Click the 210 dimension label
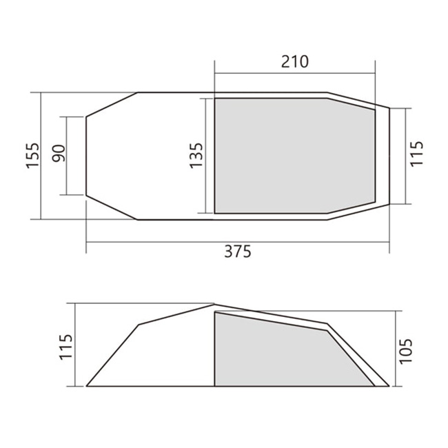coord(295,62)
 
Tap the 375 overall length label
coord(237,252)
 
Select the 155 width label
coord(33,156)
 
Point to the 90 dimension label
coord(59,154)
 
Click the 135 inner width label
coord(196,156)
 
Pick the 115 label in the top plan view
coord(416,153)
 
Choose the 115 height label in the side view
coord(66,347)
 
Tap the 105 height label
coord(406,351)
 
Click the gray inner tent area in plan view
coord(294,156)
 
